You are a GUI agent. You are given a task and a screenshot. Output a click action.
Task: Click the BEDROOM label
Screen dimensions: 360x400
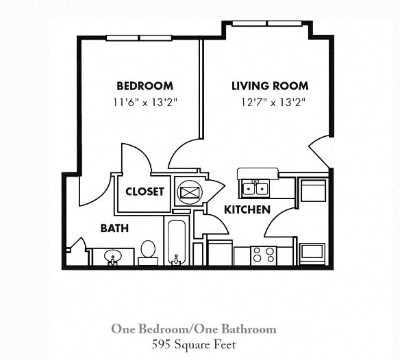[x=145, y=86]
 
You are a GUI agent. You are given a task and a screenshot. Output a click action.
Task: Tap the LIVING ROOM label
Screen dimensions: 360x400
[x=269, y=86]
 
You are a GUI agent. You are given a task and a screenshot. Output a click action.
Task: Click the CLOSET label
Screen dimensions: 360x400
[x=145, y=192]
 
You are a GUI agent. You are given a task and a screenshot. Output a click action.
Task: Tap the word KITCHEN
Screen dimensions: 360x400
[x=247, y=209]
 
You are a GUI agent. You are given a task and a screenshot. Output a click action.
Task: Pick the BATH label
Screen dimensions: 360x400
[x=114, y=228]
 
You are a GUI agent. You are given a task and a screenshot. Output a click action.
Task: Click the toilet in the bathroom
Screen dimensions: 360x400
[x=148, y=251]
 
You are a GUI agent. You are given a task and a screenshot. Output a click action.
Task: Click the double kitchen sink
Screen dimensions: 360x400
[x=255, y=188]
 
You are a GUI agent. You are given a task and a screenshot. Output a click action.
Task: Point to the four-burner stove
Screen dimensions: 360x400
[x=264, y=255]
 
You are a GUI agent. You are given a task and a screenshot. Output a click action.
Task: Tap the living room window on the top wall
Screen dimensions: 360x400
[x=266, y=23]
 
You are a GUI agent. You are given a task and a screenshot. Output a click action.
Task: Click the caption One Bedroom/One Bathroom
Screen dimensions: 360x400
[x=194, y=329]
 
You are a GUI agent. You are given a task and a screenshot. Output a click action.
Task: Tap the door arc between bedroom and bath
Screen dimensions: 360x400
[x=95, y=191]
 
